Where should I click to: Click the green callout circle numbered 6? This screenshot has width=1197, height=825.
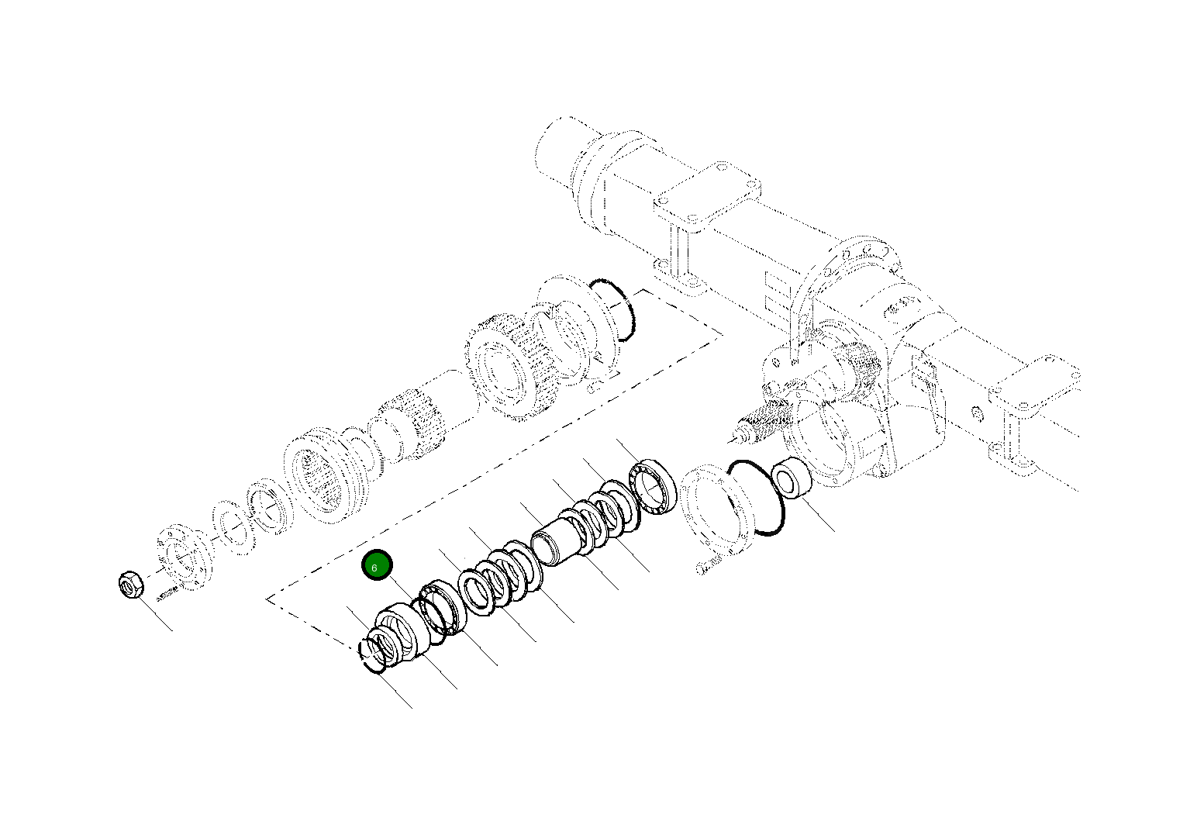(377, 567)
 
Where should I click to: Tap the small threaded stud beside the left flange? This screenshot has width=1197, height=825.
(167, 596)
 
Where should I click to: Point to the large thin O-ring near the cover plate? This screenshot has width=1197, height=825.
(755, 497)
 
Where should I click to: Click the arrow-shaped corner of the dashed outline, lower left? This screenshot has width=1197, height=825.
(271, 599)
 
